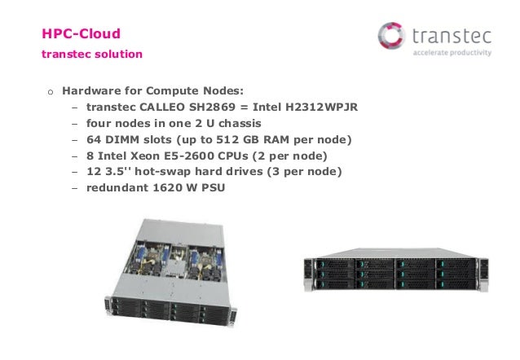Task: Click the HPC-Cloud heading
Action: click(81, 34)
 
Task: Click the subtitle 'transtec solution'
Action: click(91, 55)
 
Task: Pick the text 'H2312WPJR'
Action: click(324, 107)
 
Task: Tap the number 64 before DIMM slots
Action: click(93, 139)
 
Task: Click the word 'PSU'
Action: click(213, 188)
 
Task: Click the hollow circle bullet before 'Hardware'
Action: click(49, 91)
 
